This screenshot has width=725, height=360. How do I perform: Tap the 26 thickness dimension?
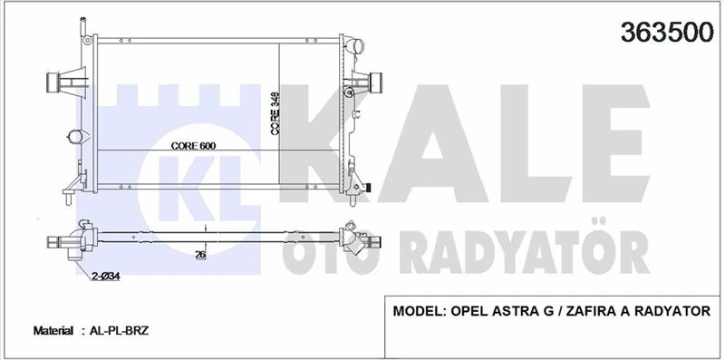coord(200,255)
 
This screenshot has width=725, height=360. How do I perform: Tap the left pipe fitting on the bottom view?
coord(68,241)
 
